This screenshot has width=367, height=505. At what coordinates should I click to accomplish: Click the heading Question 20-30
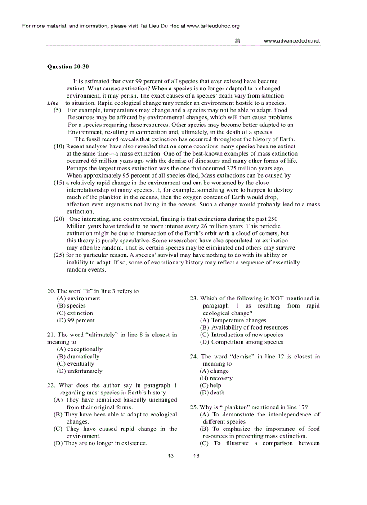(x=68, y=67)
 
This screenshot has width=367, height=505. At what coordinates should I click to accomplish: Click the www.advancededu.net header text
(x=291, y=41)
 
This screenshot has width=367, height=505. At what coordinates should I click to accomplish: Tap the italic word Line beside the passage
(x=53, y=103)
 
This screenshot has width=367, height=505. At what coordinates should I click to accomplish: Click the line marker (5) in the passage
(x=58, y=110)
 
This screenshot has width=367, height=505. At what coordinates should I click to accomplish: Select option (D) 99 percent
(x=76, y=320)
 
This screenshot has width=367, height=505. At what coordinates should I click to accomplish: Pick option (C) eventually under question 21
(x=76, y=364)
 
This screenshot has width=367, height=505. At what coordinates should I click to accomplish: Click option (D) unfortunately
(x=80, y=371)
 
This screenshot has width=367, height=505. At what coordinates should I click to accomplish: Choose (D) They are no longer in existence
(x=100, y=443)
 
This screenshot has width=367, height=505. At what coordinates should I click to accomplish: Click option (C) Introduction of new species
(x=242, y=335)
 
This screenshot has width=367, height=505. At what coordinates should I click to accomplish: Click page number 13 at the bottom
(x=170, y=456)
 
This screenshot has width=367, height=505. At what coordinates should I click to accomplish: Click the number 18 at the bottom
(x=196, y=456)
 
